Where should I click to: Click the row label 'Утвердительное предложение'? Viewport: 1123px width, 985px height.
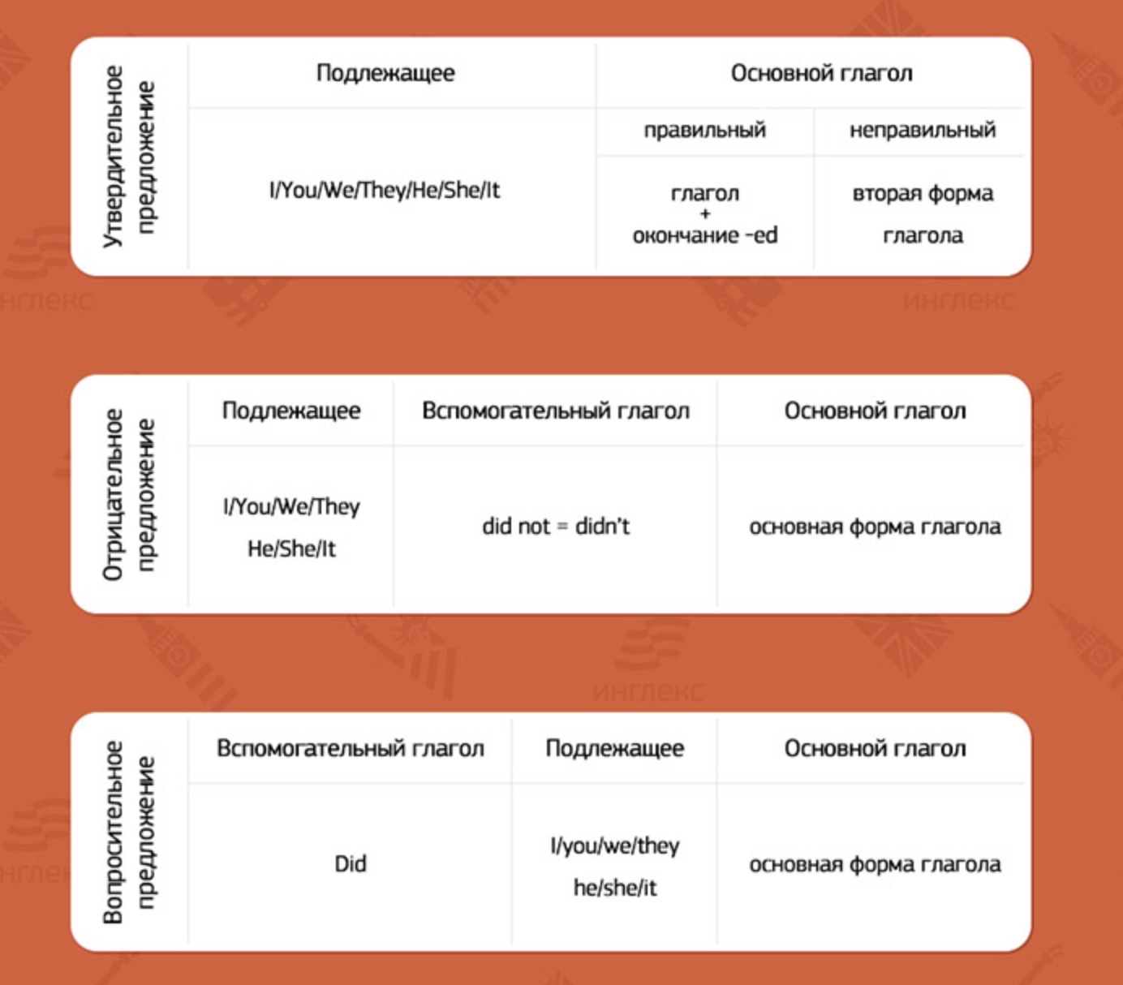click(129, 157)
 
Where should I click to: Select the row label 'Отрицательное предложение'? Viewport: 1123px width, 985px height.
click(129, 494)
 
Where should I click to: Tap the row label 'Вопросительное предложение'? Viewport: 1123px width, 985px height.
click(129, 832)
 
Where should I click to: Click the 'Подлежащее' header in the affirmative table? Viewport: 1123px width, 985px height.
click(385, 74)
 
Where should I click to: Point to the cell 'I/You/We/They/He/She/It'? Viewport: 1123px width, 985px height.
click(385, 190)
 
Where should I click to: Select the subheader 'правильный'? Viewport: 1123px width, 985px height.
click(704, 131)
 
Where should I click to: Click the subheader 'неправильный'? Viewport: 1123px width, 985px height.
click(923, 131)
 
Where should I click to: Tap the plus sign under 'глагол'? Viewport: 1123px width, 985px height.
click(705, 214)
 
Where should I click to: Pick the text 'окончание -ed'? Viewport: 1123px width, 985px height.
click(705, 235)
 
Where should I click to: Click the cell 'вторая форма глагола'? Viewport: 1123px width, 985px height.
click(923, 214)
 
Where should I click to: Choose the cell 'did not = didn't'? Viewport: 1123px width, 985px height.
click(556, 526)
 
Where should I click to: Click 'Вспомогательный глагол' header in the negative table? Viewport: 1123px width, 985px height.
click(556, 411)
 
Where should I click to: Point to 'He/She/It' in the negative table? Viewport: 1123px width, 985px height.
click(291, 548)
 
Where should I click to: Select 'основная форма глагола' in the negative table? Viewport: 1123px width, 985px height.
click(876, 527)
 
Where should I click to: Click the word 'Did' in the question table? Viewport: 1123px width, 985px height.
click(351, 863)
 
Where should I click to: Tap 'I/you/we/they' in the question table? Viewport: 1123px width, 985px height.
click(615, 846)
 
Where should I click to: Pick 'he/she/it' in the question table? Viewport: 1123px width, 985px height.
click(615, 888)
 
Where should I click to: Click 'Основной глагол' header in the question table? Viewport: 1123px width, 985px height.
click(876, 749)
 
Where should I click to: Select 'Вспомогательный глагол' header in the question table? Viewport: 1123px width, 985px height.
click(351, 749)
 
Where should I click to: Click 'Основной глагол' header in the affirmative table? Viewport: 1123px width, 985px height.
click(821, 74)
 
